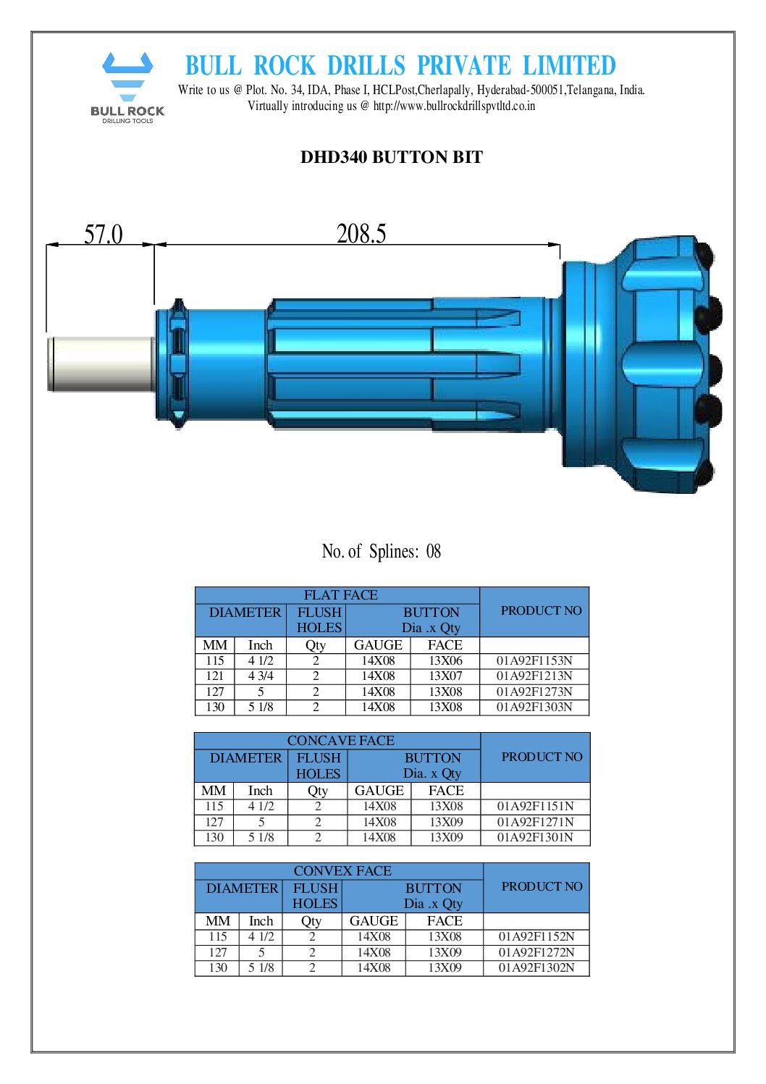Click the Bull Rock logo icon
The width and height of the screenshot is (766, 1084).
(x=127, y=76)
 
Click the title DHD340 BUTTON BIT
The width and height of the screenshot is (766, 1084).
(x=391, y=157)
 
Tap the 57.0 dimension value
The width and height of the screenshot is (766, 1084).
(x=104, y=235)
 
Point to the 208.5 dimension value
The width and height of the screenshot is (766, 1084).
(x=361, y=234)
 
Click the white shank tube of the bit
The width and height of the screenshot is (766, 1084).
(x=101, y=364)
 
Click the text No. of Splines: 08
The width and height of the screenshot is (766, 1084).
(x=381, y=552)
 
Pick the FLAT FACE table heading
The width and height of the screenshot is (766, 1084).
(x=340, y=595)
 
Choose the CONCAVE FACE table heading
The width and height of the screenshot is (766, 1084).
(x=340, y=741)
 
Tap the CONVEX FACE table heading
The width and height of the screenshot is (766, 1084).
(x=342, y=871)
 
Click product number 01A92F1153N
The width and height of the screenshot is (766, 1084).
(x=534, y=660)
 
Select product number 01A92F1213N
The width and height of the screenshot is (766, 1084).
(x=534, y=676)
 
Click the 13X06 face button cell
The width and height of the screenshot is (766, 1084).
(x=445, y=660)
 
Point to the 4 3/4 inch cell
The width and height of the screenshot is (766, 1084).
(x=261, y=676)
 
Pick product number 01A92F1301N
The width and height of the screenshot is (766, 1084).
(x=535, y=837)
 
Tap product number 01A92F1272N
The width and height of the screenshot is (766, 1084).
(x=536, y=952)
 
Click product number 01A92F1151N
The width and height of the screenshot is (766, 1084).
(x=535, y=806)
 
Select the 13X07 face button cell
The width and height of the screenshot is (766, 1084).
(x=445, y=676)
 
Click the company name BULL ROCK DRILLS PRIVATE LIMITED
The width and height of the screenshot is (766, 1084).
(x=400, y=66)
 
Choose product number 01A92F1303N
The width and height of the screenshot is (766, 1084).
(x=534, y=707)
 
